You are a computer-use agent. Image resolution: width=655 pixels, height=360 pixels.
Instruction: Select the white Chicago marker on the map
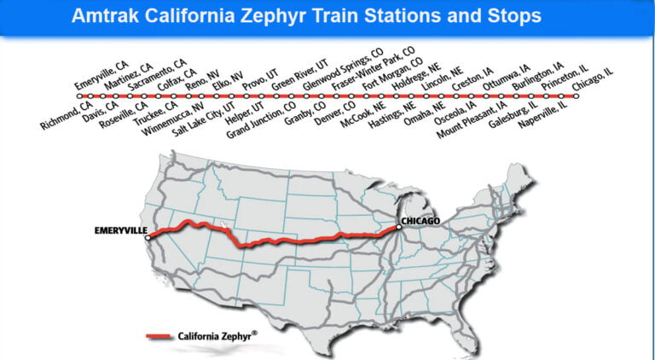[398, 227]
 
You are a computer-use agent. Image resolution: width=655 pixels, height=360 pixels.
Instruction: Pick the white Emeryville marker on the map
[150, 238]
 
